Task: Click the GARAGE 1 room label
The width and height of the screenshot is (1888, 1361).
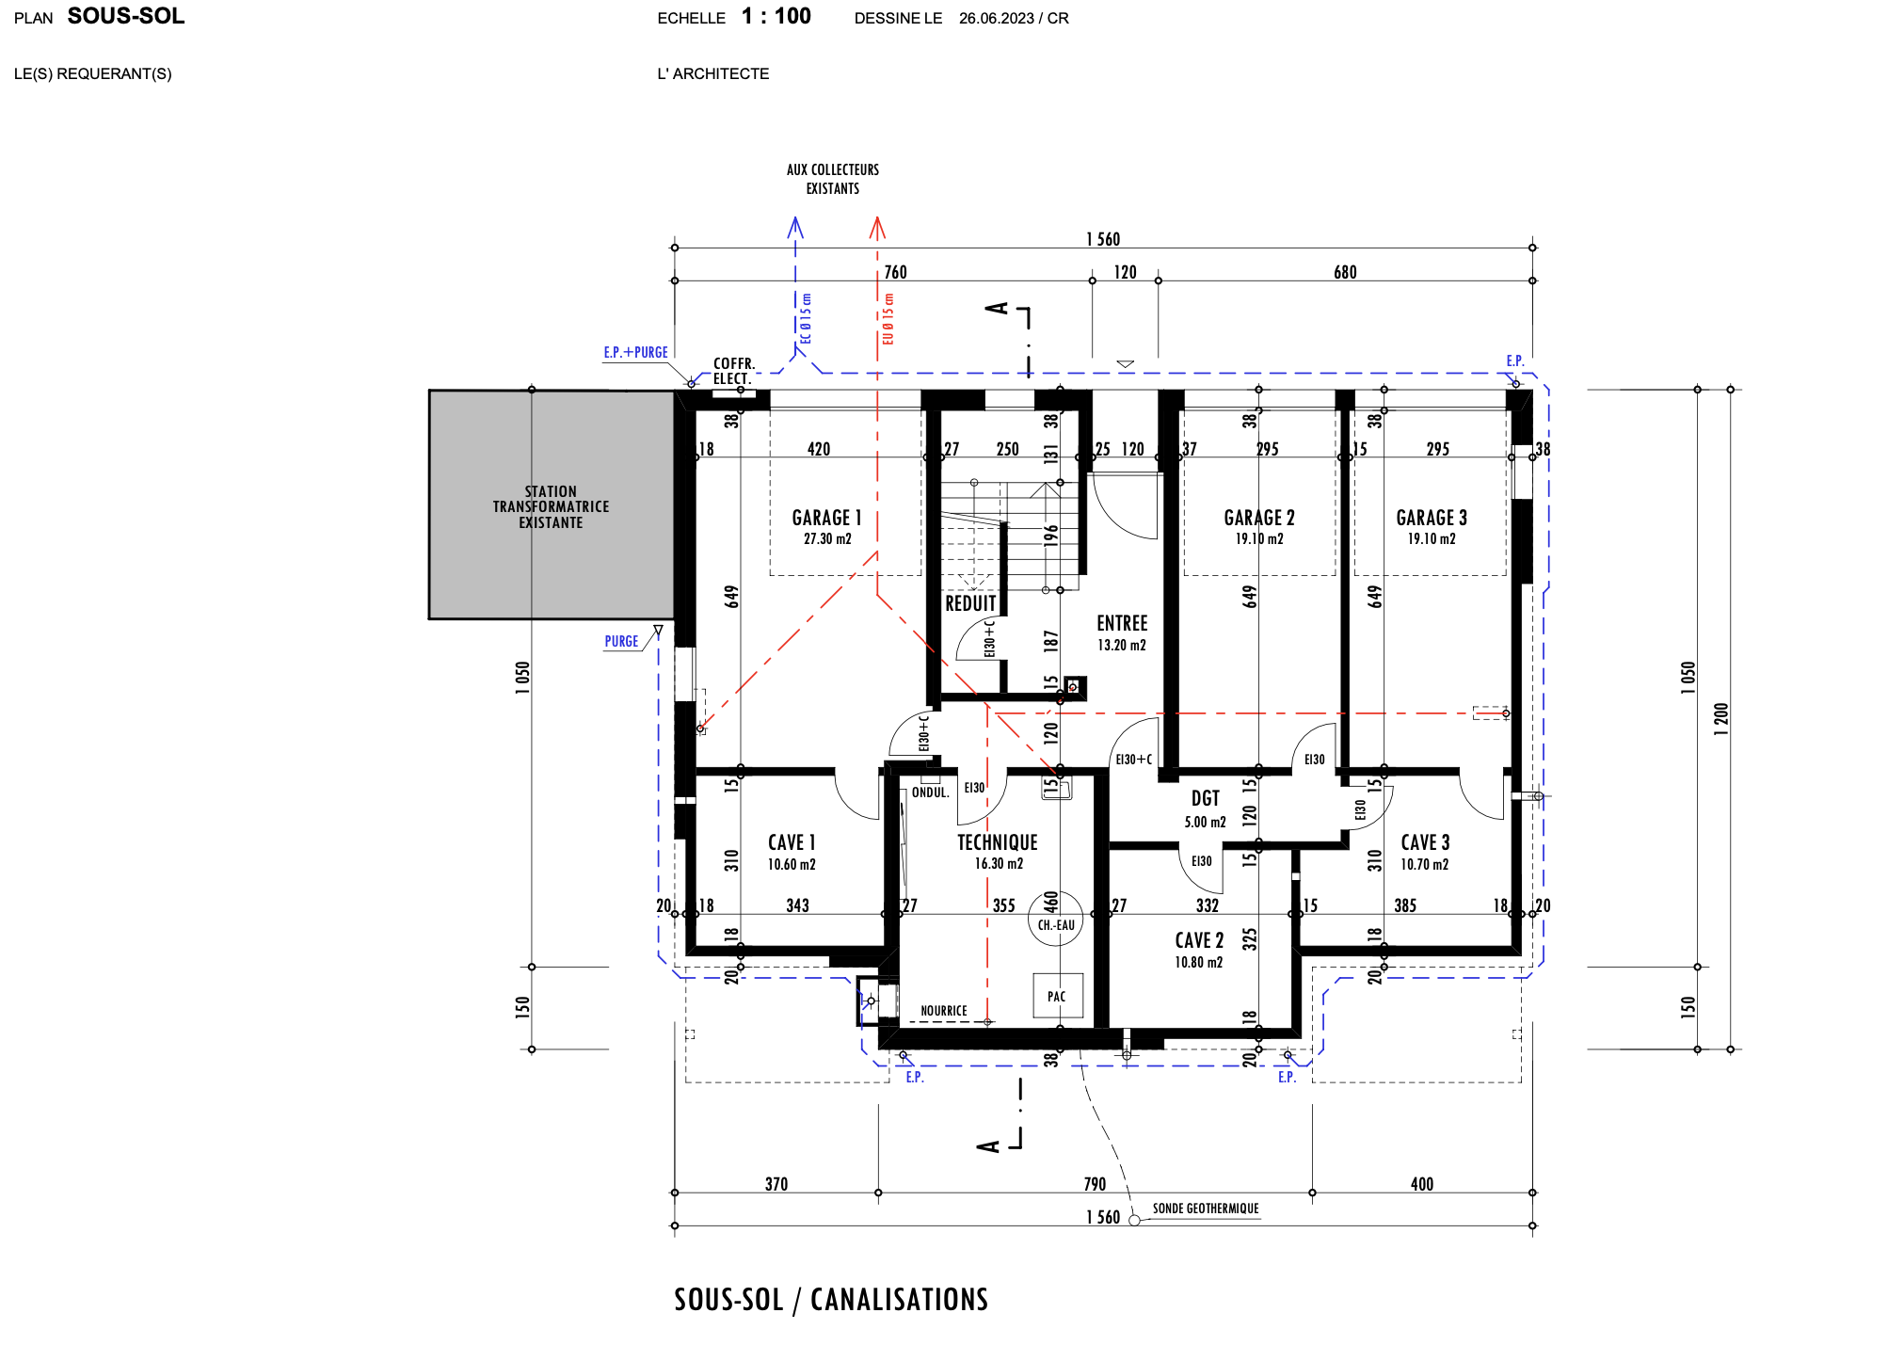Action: pyautogui.click(x=826, y=518)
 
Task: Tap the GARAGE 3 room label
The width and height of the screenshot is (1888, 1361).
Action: pyautogui.click(x=1432, y=518)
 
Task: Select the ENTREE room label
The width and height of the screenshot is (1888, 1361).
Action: pyautogui.click(x=1122, y=623)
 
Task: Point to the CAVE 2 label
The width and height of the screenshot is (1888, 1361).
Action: pyautogui.click(x=1199, y=940)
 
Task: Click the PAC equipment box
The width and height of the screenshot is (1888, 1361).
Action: pyautogui.click(x=1058, y=996)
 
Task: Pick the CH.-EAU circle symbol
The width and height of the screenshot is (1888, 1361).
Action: pyautogui.click(x=1056, y=919)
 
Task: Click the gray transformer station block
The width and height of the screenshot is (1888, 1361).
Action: pyautogui.click(x=552, y=504)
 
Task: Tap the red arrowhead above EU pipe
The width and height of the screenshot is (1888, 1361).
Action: pyautogui.click(x=877, y=228)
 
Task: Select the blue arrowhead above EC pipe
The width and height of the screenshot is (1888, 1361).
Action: pyautogui.click(x=795, y=228)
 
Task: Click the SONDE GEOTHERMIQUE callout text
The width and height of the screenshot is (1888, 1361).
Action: pyautogui.click(x=1206, y=1209)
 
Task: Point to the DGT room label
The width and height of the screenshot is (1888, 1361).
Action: pyautogui.click(x=1206, y=798)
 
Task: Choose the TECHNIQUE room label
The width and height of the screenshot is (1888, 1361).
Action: pyautogui.click(x=998, y=842)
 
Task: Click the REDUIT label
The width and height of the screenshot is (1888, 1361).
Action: pyautogui.click(x=970, y=603)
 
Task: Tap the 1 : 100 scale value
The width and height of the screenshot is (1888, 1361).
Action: pyautogui.click(x=776, y=16)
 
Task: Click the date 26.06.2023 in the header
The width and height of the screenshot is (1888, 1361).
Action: pyautogui.click(x=997, y=18)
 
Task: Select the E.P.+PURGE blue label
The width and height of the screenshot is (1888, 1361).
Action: pyautogui.click(x=636, y=352)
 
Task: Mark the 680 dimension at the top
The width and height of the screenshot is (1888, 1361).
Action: pyautogui.click(x=1345, y=272)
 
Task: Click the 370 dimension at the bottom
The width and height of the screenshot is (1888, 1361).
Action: pyautogui.click(x=776, y=1184)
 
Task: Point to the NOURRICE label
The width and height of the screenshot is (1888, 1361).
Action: pyautogui.click(x=944, y=1011)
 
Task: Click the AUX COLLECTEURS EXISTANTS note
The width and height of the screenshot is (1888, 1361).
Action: pyautogui.click(x=833, y=179)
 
